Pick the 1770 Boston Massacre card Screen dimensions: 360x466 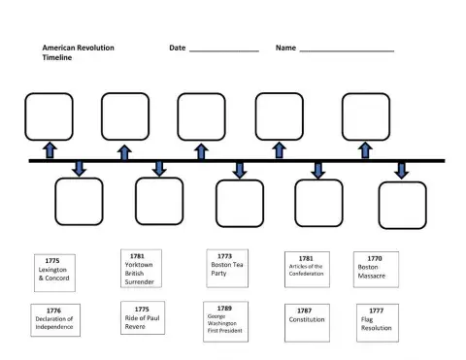tap(376, 269)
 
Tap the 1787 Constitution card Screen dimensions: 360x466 tap(305, 321)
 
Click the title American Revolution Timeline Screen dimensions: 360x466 tap(73, 52)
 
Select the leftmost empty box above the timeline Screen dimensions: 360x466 tap(49, 116)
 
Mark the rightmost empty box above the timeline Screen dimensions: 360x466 tap(366, 116)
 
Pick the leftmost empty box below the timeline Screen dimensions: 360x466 tap(79, 202)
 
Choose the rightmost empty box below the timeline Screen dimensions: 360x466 tap(402, 205)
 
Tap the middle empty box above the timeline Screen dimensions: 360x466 tap(201, 116)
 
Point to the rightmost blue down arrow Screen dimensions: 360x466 tap(401, 170)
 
